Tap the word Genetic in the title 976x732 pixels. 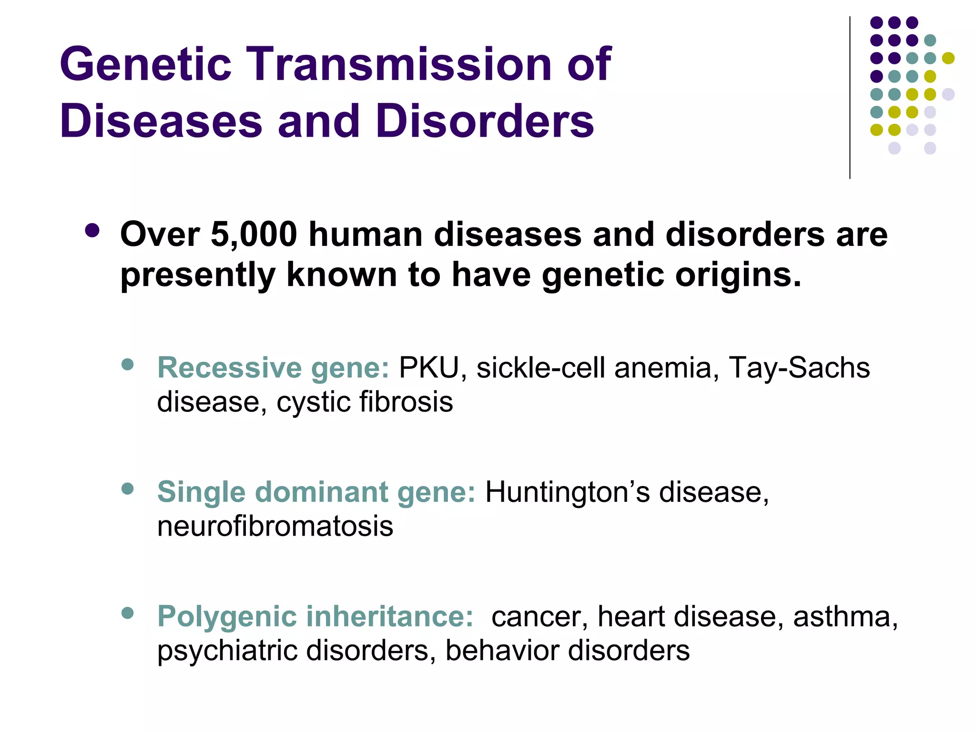click(x=145, y=64)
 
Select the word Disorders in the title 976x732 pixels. click(x=485, y=122)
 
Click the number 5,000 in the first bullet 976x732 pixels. click(x=254, y=234)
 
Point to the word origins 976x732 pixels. click(x=738, y=275)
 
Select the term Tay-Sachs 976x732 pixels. click(x=799, y=368)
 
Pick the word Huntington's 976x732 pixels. click(x=567, y=492)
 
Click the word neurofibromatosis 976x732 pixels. click(x=275, y=526)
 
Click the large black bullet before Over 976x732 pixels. click(x=92, y=231)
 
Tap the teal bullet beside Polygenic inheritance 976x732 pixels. click(x=127, y=613)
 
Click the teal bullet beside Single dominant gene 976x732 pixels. click(x=127, y=488)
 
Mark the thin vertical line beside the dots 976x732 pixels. click(x=850, y=98)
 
